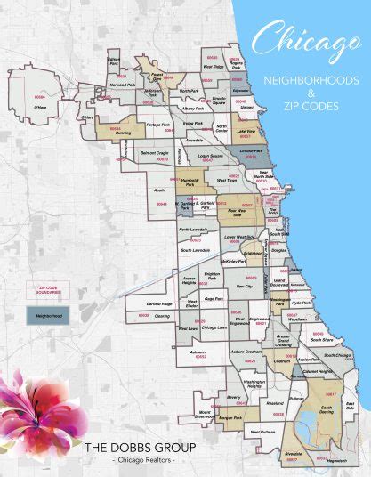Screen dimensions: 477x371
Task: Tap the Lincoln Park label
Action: click(x=252, y=150)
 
